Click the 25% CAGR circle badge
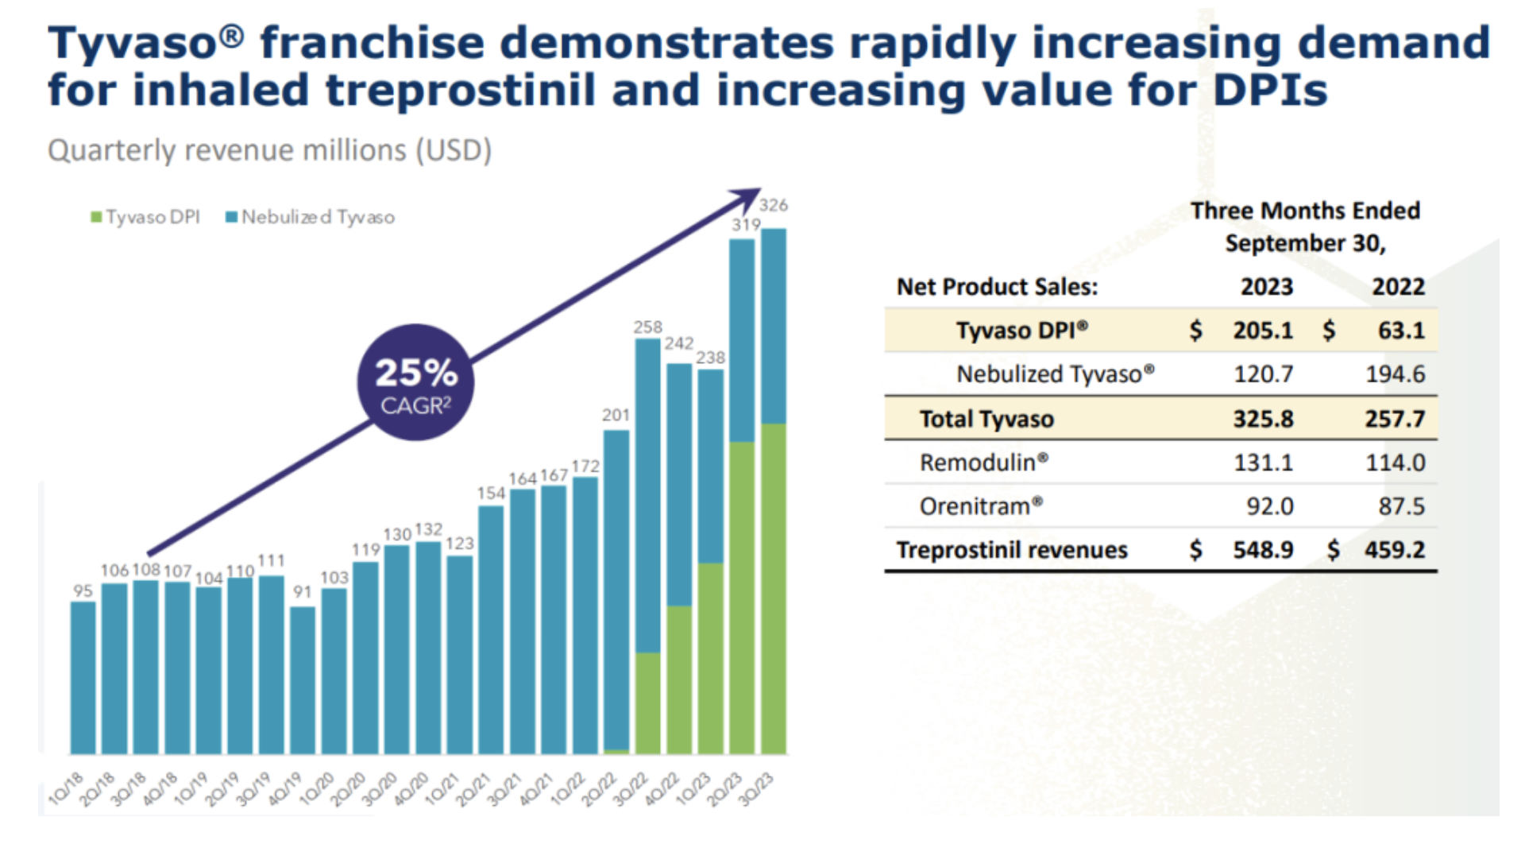click(x=415, y=382)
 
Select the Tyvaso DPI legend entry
click(x=145, y=217)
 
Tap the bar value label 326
click(x=773, y=205)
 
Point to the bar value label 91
click(x=302, y=591)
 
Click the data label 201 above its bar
click(x=616, y=415)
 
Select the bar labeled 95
click(x=83, y=677)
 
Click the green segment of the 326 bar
click(x=774, y=588)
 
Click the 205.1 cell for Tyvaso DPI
click(x=1263, y=331)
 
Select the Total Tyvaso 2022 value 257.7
click(x=1395, y=419)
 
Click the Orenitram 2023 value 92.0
click(x=1269, y=506)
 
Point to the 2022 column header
click(x=1398, y=287)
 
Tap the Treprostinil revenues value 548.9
click(x=1263, y=550)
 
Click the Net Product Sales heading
click(x=997, y=287)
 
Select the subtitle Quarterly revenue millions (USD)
click(x=270, y=150)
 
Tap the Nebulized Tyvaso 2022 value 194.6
click(x=1395, y=374)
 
